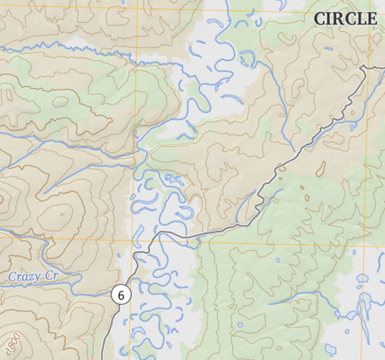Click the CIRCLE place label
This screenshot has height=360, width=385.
click(344, 19)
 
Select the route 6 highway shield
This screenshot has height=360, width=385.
click(121, 295)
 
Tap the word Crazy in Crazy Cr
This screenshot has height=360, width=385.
click(24, 276)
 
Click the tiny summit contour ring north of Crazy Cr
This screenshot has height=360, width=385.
click(2, 199)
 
